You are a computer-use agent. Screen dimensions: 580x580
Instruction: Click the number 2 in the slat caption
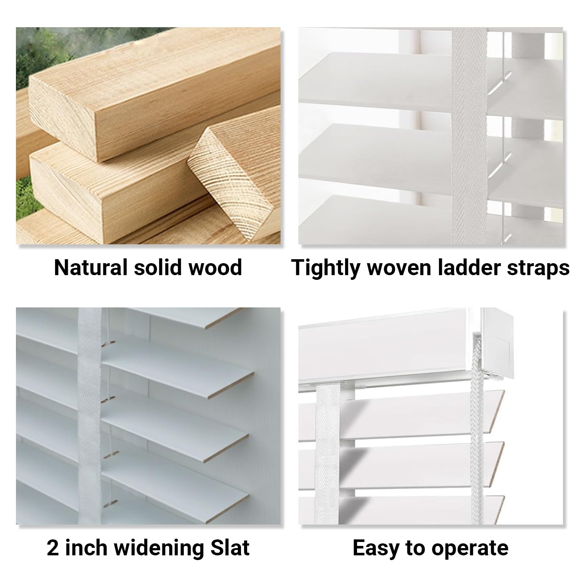click(53, 548)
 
